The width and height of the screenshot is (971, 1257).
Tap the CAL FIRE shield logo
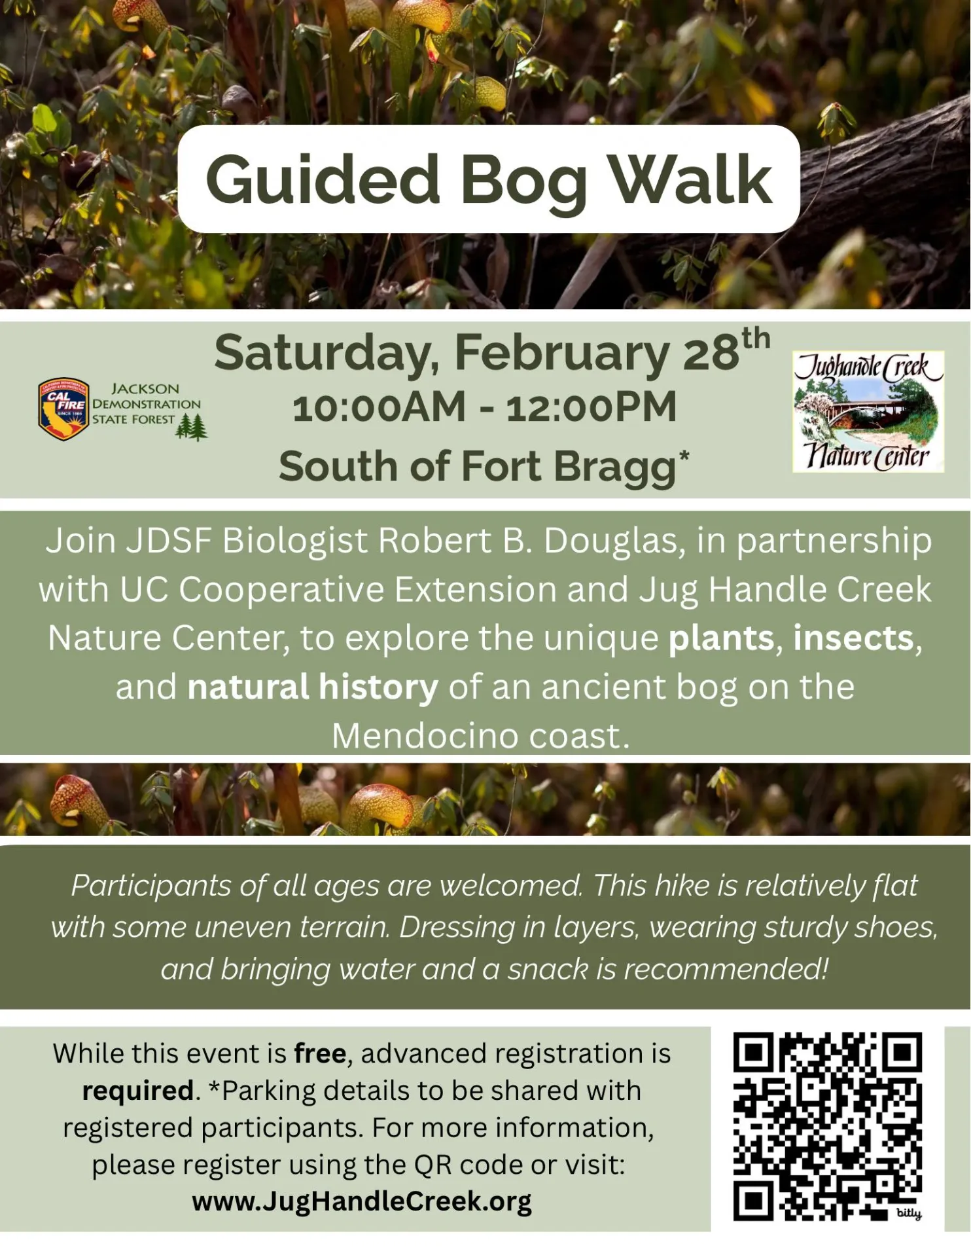coord(63,409)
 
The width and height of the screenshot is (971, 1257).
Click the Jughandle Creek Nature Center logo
coord(868,411)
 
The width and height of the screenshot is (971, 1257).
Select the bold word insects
coord(853,638)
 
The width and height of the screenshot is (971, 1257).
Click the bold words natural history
coord(313,687)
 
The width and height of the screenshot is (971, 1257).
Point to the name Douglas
coord(614,541)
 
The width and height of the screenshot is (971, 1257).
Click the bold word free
coord(320,1054)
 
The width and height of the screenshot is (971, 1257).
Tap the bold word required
coord(138,1091)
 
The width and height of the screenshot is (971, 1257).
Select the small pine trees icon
coord(192,428)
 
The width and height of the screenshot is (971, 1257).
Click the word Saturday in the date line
coord(326,354)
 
